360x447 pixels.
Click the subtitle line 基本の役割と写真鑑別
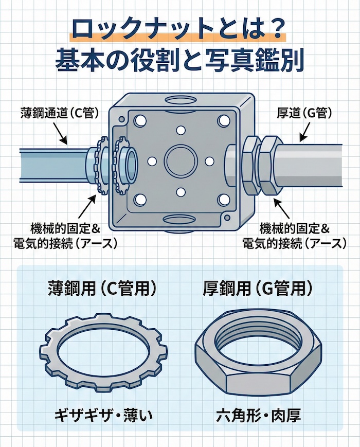click(x=179, y=61)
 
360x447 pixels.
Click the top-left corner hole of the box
click(x=138, y=121)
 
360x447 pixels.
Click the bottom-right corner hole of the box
click(x=223, y=199)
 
